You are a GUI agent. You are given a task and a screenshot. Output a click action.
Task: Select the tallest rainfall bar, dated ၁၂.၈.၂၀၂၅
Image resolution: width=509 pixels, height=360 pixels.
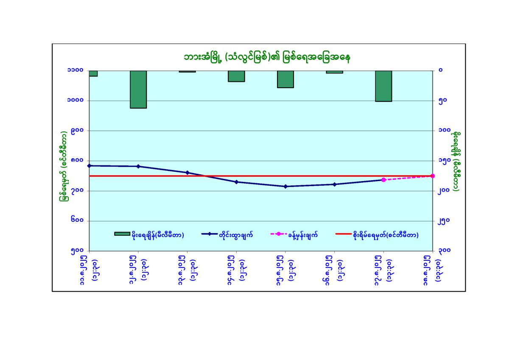138,89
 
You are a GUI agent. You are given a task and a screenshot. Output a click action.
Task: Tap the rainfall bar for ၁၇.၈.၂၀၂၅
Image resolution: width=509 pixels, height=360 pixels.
383,86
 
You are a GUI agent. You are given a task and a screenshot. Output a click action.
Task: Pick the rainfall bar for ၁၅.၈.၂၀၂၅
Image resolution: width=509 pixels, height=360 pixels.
285,79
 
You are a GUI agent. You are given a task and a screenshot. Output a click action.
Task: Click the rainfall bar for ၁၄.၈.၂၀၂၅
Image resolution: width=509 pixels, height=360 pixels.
236,76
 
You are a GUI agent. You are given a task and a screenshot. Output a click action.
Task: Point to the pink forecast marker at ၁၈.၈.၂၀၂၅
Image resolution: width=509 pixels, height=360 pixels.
433,176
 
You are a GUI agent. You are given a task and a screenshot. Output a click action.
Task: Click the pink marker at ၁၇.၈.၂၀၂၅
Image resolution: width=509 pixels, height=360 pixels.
383,180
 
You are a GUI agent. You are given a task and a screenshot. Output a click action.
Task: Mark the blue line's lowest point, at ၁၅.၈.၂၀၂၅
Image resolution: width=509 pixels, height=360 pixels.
285,187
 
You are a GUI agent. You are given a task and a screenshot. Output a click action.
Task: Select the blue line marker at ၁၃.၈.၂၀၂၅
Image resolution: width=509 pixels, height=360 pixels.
187,173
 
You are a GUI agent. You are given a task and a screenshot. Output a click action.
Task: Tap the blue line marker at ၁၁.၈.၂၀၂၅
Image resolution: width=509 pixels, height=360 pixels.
89,165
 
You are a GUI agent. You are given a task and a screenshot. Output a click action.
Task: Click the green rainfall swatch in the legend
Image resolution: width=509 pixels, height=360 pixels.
122,234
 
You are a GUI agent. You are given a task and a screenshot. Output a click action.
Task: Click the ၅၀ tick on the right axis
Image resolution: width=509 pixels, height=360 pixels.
443,101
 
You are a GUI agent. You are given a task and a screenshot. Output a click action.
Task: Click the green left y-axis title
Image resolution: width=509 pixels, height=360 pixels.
64,161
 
